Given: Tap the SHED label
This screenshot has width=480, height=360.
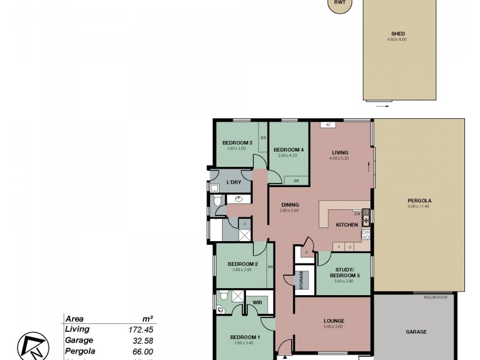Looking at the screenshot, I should coord(397,34).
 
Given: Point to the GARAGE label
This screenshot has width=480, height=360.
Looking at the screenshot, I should coord(416,332).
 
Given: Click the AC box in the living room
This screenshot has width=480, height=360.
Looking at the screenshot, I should coord(328,125).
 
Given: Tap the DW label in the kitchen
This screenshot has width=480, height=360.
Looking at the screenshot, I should coord(356,214).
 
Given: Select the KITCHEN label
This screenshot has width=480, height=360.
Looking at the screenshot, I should coord(347,225).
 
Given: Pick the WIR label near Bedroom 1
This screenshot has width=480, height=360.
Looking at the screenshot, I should coord(256,302).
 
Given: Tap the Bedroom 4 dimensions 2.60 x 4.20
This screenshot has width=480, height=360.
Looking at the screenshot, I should coord(288,156).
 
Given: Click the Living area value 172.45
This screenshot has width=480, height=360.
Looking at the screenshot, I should coord(142,330).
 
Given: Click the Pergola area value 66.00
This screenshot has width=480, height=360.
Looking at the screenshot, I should coord(143,351).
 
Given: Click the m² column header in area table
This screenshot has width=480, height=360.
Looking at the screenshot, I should coord(148,319).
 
